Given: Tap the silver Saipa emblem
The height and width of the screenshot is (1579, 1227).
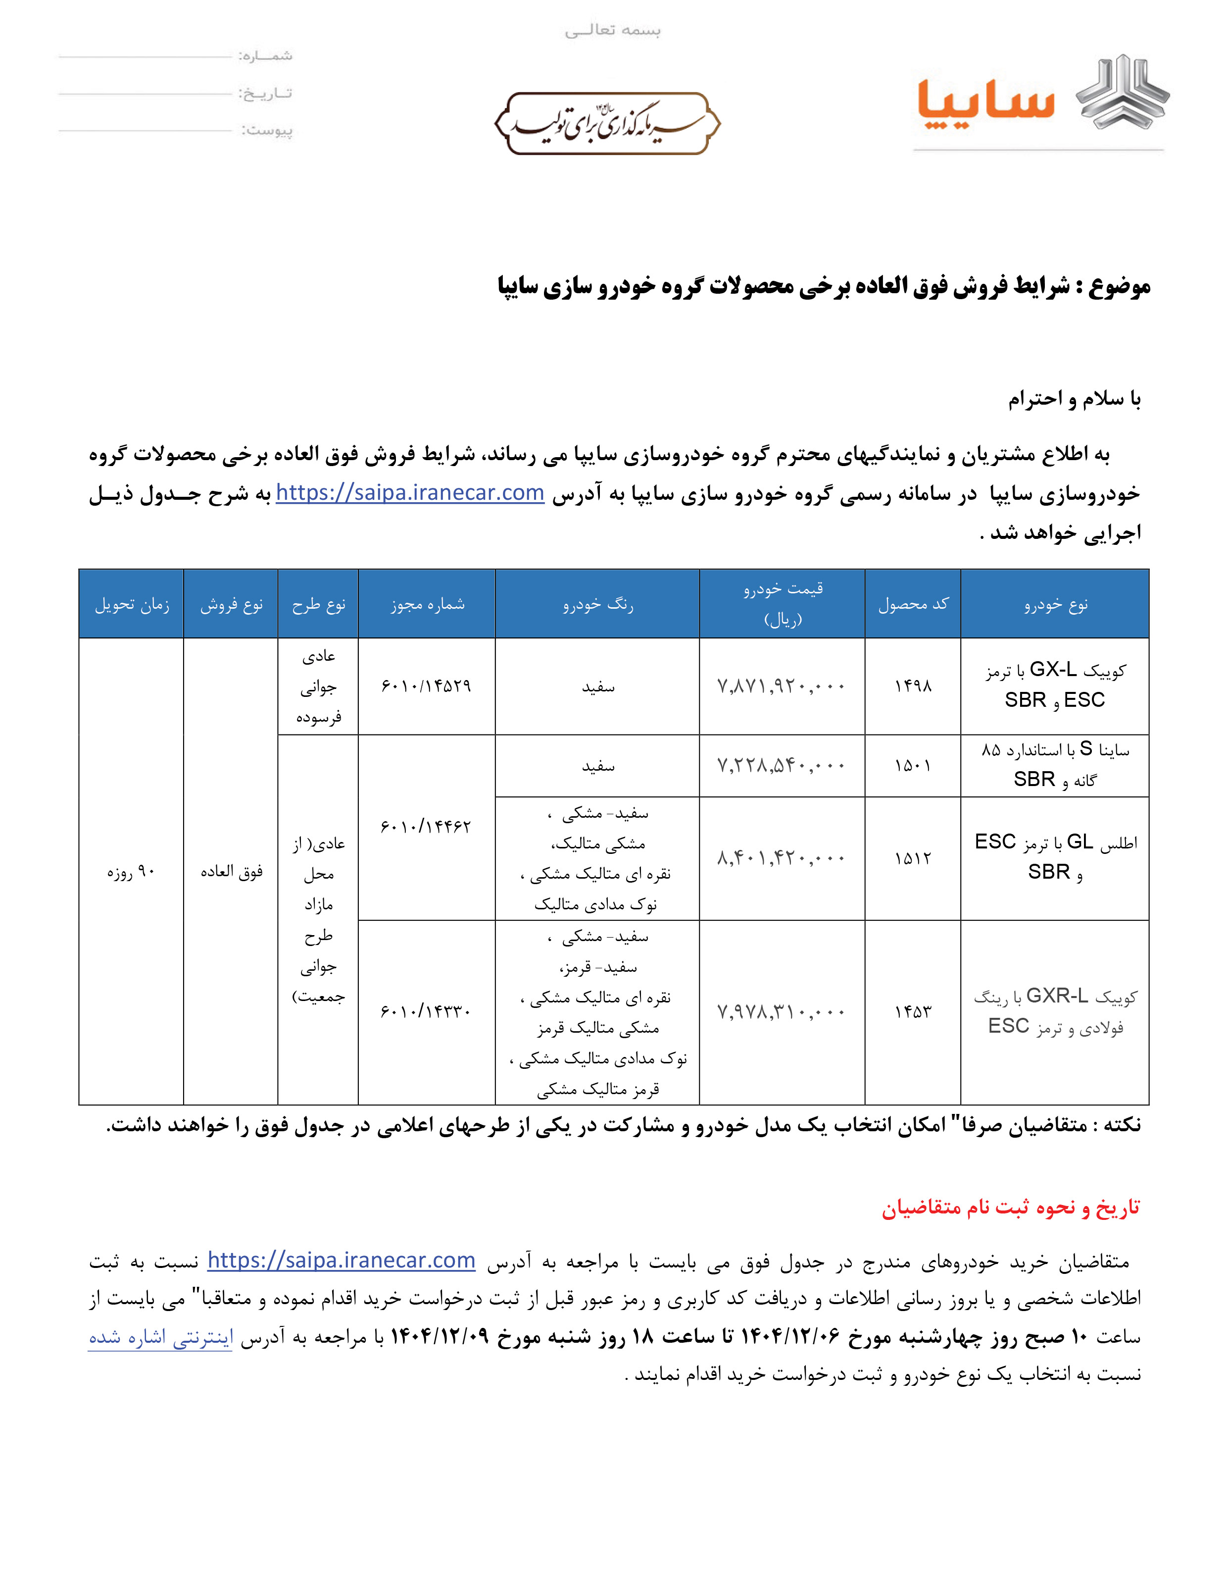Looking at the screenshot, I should pos(1122,93).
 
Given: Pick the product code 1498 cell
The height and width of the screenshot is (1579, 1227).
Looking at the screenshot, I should pos(913,685).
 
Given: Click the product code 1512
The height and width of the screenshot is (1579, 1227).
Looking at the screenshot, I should pos(913,858).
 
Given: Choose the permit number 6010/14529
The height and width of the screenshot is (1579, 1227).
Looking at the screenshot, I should pos(426,685).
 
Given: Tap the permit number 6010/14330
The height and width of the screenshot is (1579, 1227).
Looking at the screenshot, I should pos(426,1011).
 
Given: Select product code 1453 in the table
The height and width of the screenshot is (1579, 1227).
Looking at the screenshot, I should pos(913,1011).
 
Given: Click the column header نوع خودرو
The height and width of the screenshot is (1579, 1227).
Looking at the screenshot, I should pos(1055,604).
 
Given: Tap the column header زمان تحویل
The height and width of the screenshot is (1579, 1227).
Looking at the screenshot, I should pos(132,604).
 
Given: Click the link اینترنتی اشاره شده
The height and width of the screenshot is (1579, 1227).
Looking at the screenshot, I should pos(160,1337).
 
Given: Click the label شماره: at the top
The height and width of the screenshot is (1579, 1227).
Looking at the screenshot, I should pos(266,55).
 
